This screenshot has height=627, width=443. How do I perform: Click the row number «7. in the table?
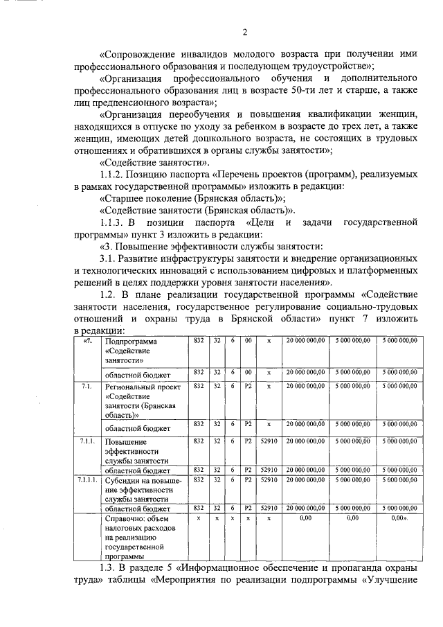coord(86,342)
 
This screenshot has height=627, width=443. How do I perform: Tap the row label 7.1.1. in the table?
coord(87,441)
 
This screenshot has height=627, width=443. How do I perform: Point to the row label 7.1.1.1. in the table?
coord(87,479)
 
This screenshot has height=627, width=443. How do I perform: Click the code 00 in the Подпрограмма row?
coord(247,342)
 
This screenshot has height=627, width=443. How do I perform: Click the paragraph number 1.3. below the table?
coord(110,568)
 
